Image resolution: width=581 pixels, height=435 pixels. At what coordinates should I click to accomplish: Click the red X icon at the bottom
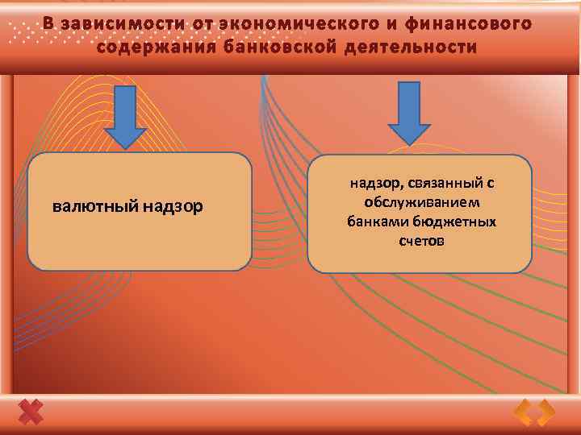pos(31,412)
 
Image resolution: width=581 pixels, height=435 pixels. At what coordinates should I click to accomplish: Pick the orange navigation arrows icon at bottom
pos(535,412)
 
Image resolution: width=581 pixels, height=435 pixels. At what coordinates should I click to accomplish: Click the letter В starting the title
pos(48,23)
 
